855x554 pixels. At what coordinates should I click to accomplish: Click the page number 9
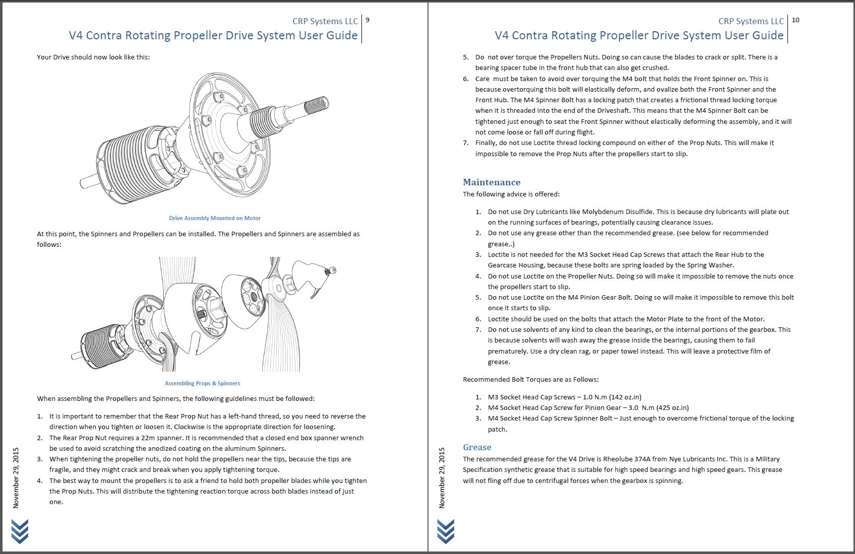tap(368, 20)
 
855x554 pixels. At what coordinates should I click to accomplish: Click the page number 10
tap(796, 20)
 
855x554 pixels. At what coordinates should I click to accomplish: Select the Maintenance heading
tap(492, 182)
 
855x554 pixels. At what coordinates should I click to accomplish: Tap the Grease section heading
tap(477, 447)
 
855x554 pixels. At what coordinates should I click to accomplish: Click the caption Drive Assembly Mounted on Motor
tap(215, 218)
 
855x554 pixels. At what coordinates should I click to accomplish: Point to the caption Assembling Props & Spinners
tap(202, 383)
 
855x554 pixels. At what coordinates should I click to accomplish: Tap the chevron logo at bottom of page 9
tap(20, 531)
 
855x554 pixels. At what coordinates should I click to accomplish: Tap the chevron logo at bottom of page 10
tap(446, 531)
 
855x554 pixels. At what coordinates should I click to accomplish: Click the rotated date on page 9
tap(16, 477)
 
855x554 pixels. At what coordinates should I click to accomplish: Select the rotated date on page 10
tap(442, 477)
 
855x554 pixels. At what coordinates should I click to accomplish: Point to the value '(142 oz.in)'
tap(625, 397)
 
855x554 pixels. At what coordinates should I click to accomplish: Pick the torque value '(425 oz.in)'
tap(672, 407)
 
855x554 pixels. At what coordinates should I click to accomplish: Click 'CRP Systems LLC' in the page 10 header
tap(751, 21)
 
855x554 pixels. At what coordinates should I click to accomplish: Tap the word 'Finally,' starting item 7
tap(486, 143)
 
